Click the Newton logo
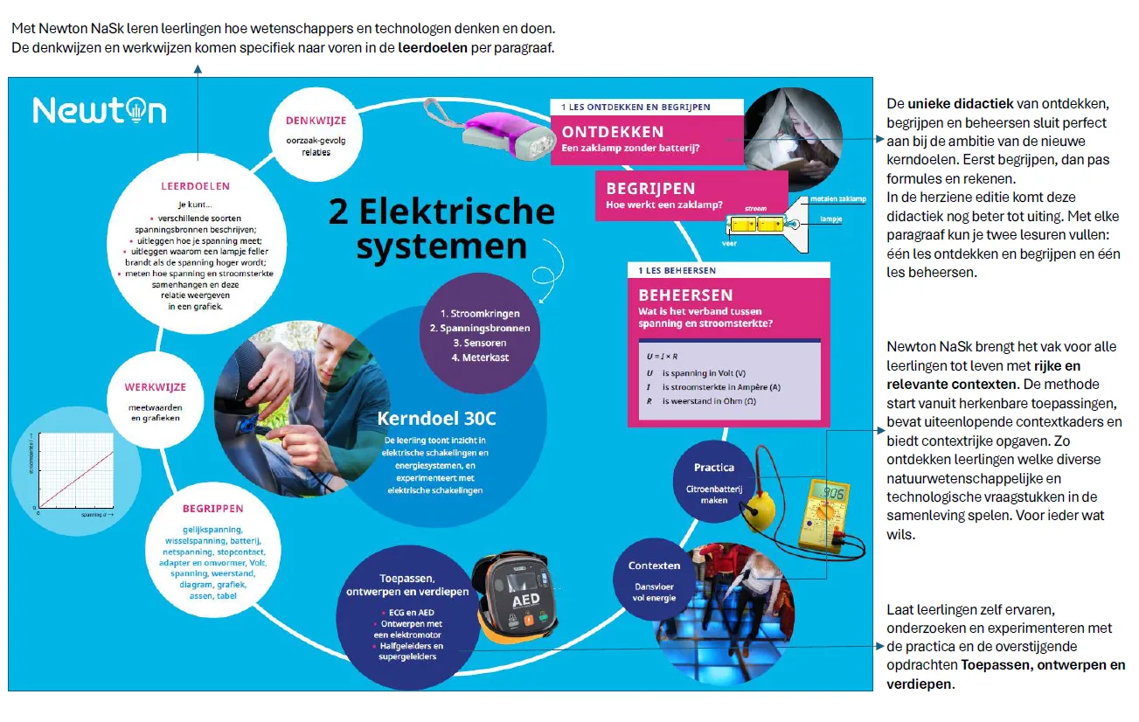tap(100, 110)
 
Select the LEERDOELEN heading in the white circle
tap(195, 186)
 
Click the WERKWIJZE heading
tap(155, 387)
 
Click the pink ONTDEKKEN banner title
tap(612, 132)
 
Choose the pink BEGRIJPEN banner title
tap(650, 188)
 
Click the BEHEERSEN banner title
tap(685, 295)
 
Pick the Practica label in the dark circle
tap(713, 468)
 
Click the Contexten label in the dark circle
tap(654, 566)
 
